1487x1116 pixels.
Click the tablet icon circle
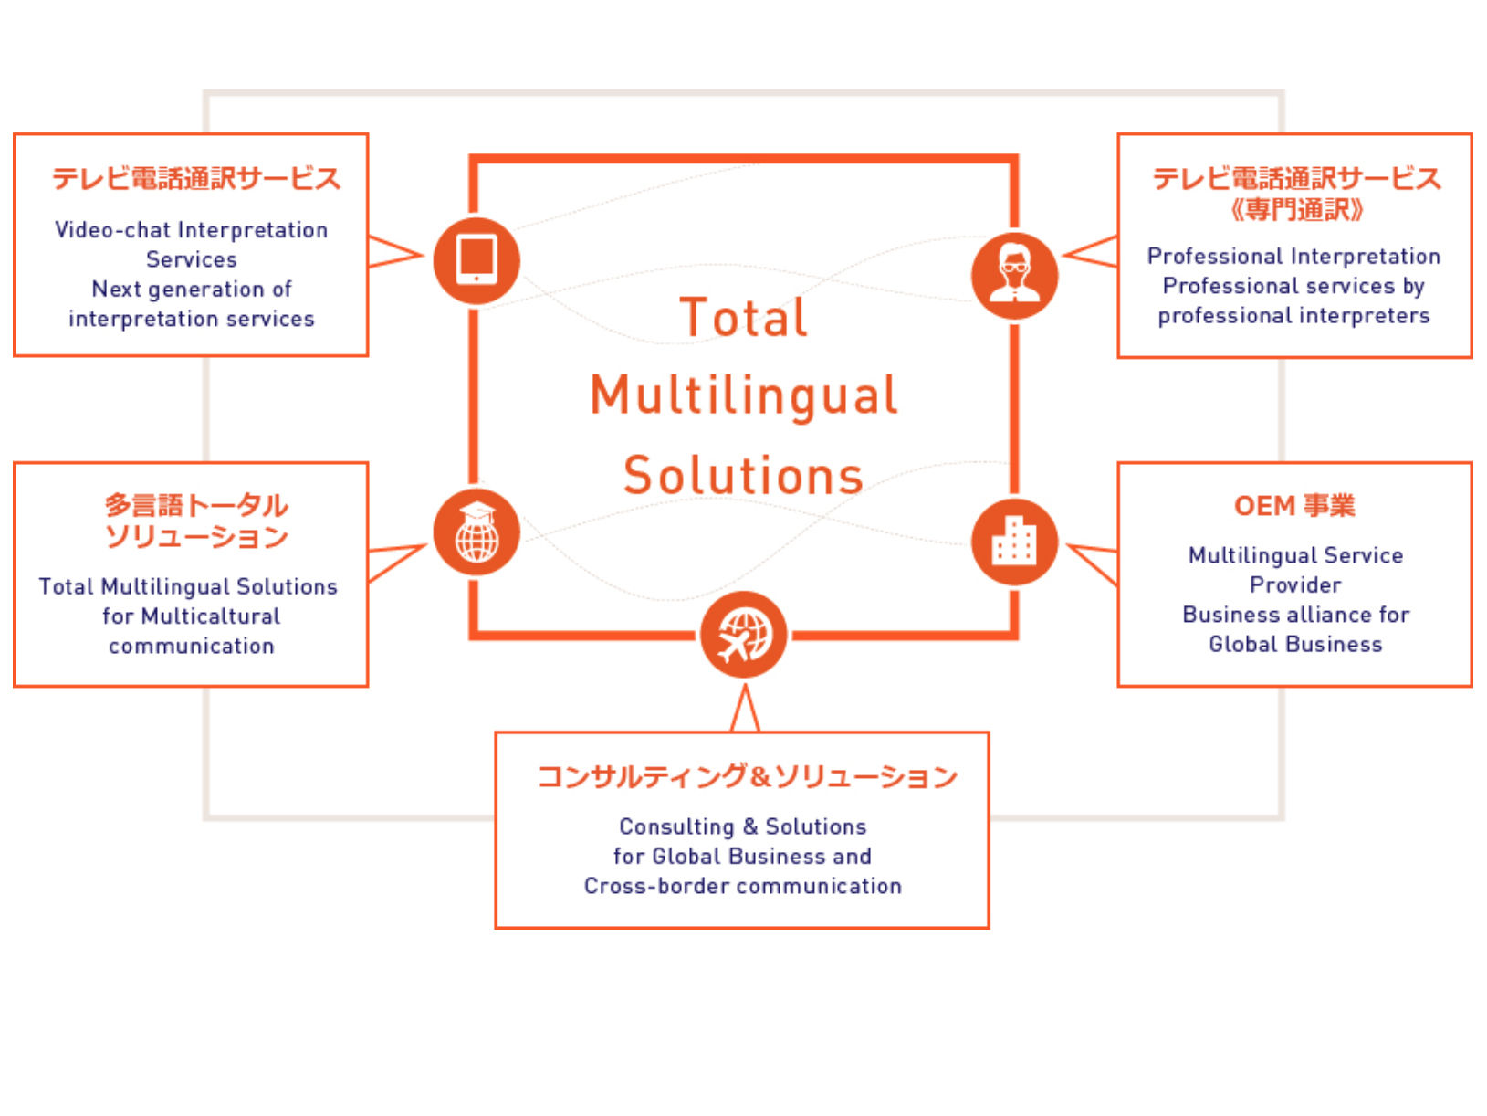point(476,261)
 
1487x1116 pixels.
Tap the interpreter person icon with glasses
point(1014,275)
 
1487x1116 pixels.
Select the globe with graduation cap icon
point(476,532)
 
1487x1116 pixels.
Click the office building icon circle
point(1014,542)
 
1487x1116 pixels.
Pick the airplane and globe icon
point(744,635)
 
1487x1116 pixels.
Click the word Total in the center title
point(744,318)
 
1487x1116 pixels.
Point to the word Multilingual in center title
point(744,395)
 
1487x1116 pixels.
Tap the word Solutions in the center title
point(744,476)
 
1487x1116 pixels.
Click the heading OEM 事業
point(1294,506)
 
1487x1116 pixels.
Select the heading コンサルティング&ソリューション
point(747,776)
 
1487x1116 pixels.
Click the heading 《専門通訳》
point(1294,210)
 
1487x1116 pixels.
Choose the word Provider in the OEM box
point(1295,585)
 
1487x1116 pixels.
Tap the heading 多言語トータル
point(196,505)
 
